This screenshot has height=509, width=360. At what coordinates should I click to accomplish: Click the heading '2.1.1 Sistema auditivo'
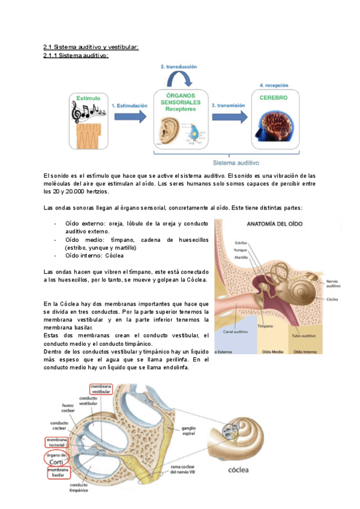coord(75,55)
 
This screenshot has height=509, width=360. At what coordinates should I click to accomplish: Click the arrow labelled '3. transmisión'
coord(228,116)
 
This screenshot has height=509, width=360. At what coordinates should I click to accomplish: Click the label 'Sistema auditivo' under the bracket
coord(236,162)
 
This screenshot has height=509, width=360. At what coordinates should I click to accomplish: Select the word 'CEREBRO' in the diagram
coord(273,97)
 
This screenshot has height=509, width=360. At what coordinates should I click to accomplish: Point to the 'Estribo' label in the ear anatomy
coord(241,242)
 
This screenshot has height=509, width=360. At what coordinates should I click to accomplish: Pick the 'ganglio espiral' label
coord(189,431)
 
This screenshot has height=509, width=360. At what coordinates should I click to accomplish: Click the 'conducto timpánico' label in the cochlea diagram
coord(78,487)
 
